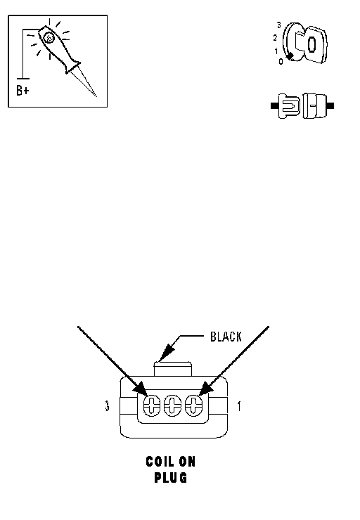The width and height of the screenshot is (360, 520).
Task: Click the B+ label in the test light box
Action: [22, 90]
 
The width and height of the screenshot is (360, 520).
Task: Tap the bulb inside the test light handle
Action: [49, 38]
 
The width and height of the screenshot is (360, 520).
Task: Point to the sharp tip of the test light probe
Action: [96, 96]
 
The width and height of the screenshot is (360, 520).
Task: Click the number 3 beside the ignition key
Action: [278, 25]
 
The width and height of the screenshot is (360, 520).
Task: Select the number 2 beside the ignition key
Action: [275, 38]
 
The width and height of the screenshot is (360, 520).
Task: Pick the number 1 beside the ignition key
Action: [276, 51]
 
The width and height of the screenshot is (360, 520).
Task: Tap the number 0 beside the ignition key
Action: [281, 61]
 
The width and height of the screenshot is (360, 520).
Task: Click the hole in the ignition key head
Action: [311, 44]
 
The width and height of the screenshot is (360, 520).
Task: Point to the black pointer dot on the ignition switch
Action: [290, 56]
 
